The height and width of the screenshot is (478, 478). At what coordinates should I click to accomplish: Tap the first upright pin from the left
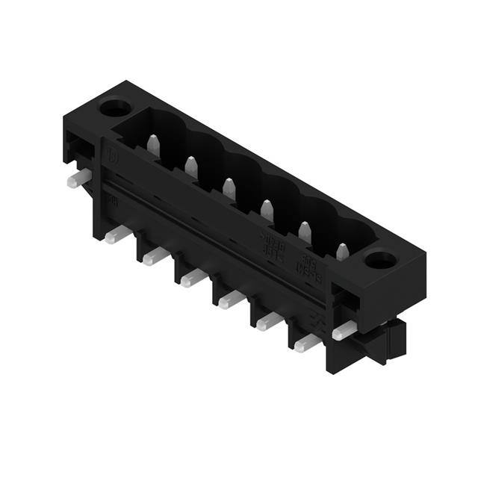point(154,146)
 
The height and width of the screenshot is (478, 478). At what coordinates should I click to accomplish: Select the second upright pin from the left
point(191,167)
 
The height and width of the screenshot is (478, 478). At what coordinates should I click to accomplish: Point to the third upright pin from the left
point(229,188)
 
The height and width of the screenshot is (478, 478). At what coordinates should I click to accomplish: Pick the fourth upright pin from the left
point(267,210)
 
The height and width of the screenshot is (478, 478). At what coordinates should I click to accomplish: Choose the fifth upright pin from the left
point(305,232)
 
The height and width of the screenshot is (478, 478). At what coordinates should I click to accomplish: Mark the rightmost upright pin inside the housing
point(342,253)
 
